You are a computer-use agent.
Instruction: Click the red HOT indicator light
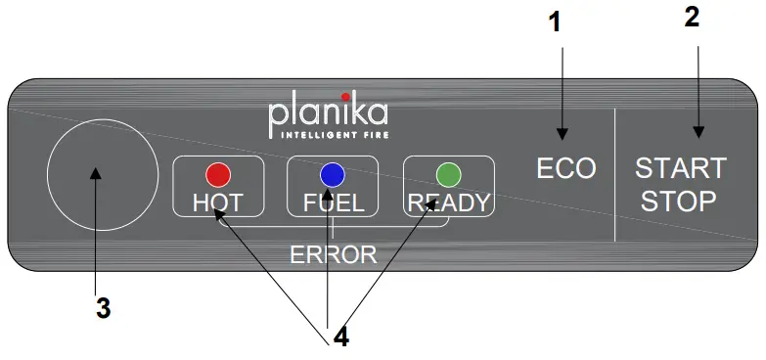point(217,175)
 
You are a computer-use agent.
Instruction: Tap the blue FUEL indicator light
point(332,175)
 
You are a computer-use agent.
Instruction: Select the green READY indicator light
point(448,175)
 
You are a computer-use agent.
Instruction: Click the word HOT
point(217,203)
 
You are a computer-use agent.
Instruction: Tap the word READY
point(449,203)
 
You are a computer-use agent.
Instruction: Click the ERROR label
point(333,255)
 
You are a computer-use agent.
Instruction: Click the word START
point(681,167)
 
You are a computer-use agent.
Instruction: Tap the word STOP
point(681,202)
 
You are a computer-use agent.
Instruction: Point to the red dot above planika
point(345,96)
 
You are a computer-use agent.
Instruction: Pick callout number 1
point(556,21)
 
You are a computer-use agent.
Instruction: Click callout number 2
point(692,18)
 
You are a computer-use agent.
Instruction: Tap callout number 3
point(103,308)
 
